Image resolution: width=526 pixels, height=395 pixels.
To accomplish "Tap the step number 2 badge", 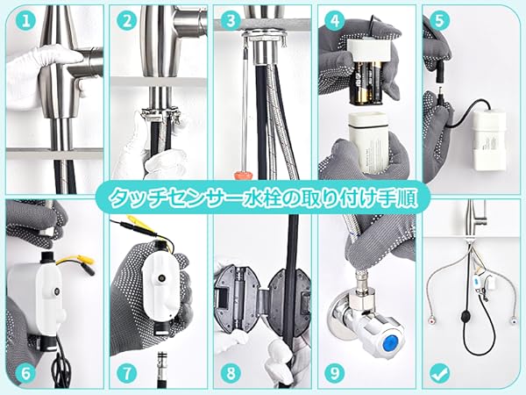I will [x=127, y=19].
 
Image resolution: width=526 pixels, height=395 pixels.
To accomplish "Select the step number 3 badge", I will [x=231, y=19].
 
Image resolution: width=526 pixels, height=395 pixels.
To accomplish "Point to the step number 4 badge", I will [x=335, y=19].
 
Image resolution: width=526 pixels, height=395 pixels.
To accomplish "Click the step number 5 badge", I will [x=440, y=19].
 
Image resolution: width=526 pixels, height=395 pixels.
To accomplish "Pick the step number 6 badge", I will [x=25, y=372].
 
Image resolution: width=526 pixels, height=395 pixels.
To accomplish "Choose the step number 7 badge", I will [x=128, y=372].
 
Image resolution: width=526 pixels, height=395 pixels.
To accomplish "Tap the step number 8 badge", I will [x=232, y=372].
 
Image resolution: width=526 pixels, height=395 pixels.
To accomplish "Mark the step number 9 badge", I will [x=335, y=372].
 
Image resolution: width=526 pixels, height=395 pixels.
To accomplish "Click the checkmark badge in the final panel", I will [x=440, y=372].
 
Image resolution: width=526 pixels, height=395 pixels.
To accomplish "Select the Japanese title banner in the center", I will [x=263, y=197].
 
